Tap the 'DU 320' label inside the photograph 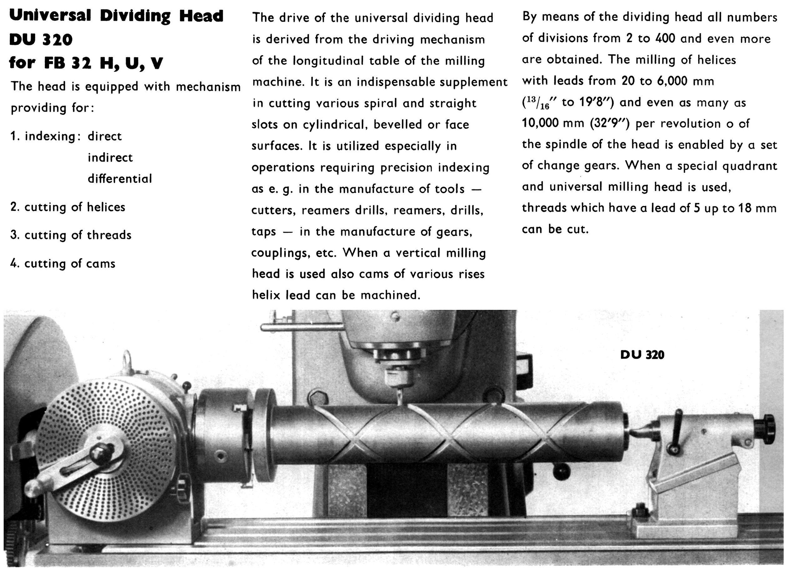click(642, 355)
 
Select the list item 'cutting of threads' click(71, 235)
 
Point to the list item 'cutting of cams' click(63, 264)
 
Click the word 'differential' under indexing click(120, 179)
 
